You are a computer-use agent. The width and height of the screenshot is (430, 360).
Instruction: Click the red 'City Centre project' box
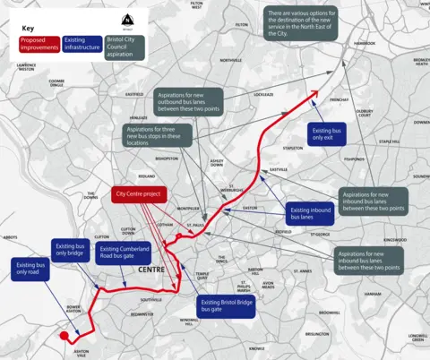point(137,193)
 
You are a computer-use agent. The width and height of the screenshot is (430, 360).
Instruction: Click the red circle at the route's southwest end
point(64,337)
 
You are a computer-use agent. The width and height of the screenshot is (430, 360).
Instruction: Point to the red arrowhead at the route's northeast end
point(315,92)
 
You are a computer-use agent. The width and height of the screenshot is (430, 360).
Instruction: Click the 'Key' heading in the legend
point(29,29)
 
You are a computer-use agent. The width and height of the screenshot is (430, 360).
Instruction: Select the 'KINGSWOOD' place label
point(395,240)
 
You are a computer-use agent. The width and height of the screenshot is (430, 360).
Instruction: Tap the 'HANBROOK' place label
point(364,43)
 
